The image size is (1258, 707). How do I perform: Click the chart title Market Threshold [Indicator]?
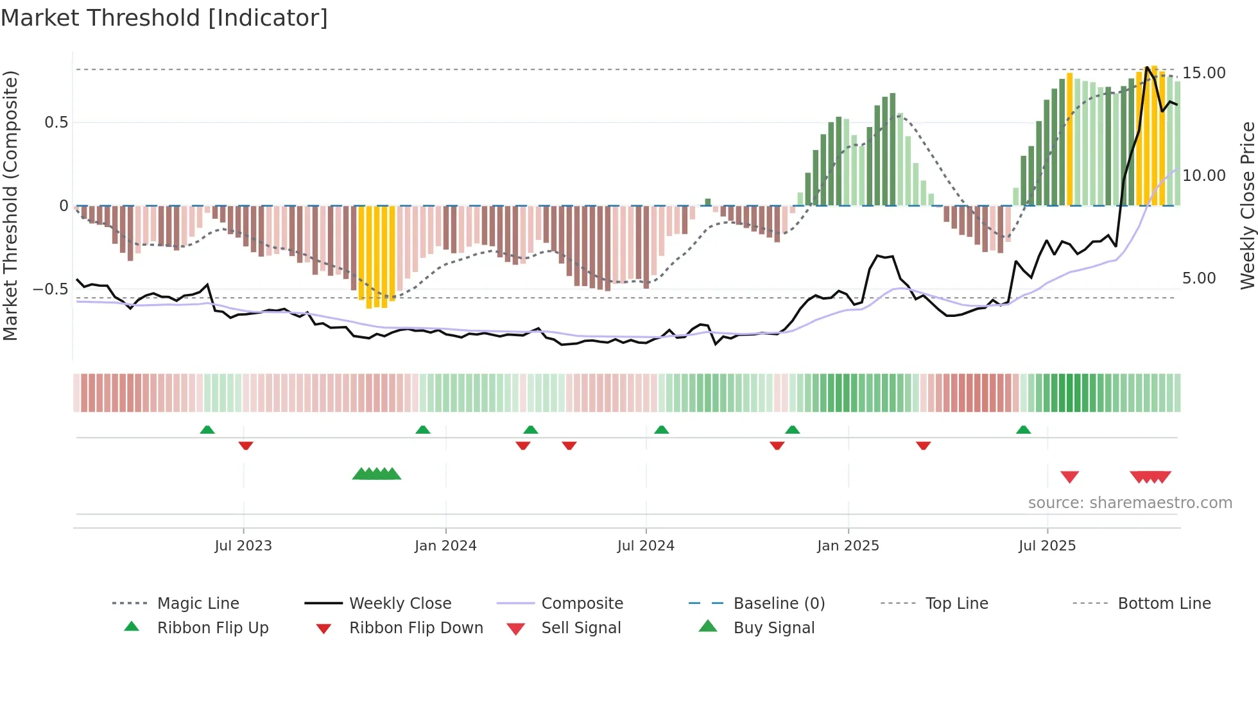[x=164, y=18]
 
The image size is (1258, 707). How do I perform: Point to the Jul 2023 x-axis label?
[x=243, y=546]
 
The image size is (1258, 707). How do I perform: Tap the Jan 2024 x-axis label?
[x=445, y=546]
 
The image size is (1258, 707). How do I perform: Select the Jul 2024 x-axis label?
[x=646, y=546]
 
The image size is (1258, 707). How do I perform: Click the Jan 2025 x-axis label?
[x=848, y=546]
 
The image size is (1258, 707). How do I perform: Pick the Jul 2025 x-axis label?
[x=1047, y=546]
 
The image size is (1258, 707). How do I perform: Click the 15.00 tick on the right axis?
[x=1204, y=73]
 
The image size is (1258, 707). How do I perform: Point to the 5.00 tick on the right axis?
[x=1199, y=278]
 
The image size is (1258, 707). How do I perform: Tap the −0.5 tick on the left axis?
[x=50, y=289]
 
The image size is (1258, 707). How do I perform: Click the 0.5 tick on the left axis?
[x=56, y=123]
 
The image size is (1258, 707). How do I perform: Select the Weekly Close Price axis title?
[x=1247, y=205]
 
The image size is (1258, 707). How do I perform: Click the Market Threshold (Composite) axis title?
[x=10, y=205]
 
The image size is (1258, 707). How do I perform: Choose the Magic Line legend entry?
[x=198, y=604]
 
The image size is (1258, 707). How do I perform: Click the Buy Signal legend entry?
[x=773, y=628]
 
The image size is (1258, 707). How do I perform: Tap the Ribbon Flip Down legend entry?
[x=415, y=628]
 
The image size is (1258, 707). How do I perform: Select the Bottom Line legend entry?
[x=1164, y=604]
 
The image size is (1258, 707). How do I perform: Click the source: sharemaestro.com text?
[x=1130, y=503]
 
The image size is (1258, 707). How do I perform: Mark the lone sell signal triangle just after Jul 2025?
[x=1069, y=477]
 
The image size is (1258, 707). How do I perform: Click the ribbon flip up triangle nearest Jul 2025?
[x=1023, y=430]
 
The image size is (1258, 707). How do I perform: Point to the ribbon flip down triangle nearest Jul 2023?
[x=246, y=445]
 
